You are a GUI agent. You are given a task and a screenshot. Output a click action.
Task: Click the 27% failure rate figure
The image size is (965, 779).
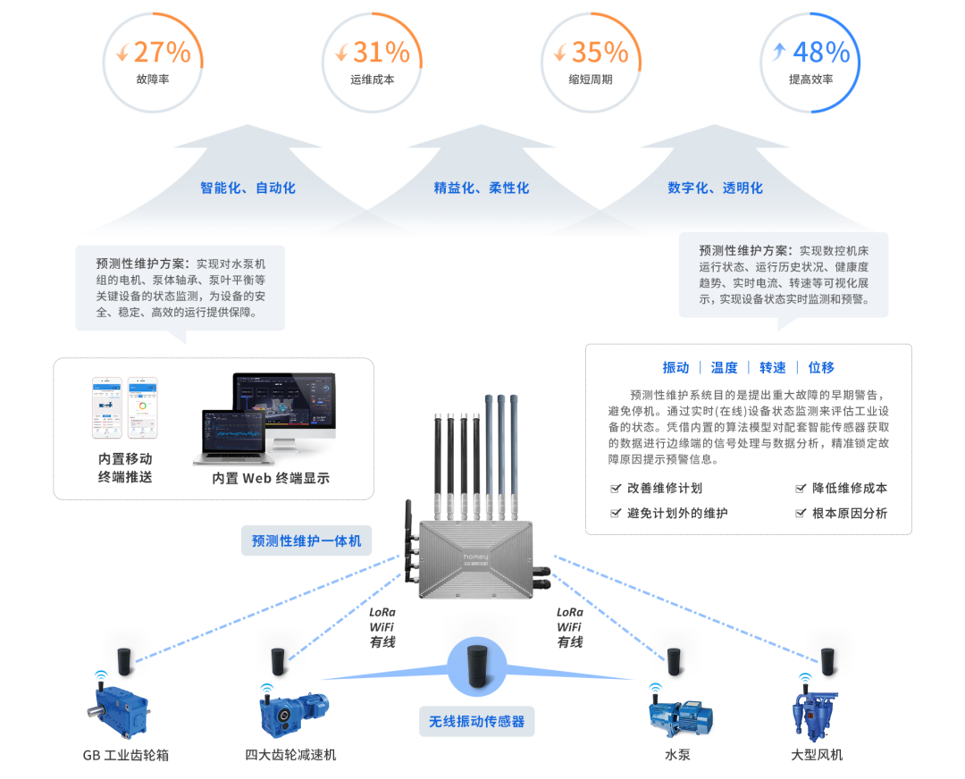tap(162, 52)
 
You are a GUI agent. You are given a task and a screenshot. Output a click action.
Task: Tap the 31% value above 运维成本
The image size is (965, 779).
tap(381, 52)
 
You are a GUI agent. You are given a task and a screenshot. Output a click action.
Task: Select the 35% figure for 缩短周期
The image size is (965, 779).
tap(600, 52)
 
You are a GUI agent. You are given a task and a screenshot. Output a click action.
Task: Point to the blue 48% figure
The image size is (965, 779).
tap(820, 52)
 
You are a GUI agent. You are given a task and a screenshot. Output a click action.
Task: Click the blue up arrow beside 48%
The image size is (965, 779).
tap(778, 53)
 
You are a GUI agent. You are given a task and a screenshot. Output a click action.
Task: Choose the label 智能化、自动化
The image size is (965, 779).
tap(248, 188)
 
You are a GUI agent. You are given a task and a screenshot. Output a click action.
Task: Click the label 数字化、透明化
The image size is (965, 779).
tap(715, 188)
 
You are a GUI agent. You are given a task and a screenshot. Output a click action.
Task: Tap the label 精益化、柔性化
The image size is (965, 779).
tap(481, 188)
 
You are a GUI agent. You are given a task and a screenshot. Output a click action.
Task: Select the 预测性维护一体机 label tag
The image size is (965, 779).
tap(306, 540)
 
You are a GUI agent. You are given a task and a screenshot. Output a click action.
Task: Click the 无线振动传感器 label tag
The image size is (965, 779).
tap(476, 721)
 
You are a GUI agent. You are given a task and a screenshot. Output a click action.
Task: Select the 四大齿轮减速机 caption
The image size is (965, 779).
tap(290, 755)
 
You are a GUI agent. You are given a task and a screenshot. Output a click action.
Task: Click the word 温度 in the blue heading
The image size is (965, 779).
tap(724, 367)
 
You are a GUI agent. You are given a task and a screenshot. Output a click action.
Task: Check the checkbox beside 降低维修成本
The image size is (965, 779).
tap(801, 489)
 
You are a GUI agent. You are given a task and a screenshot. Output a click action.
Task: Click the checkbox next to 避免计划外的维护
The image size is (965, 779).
tap(616, 514)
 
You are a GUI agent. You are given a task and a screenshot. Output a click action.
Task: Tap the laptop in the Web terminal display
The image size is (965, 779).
tap(230, 437)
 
